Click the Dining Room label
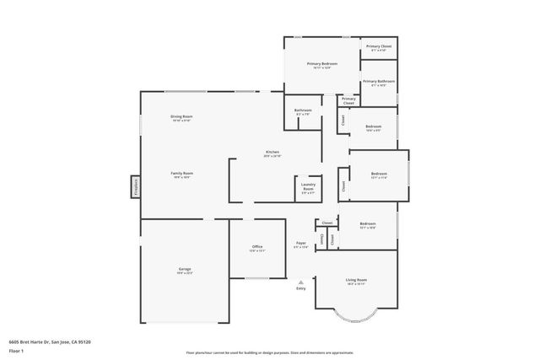coord(181,116)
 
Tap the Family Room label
coord(182,173)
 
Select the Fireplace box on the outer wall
coord(135,185)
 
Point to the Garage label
coord(184,269)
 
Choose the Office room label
coord(257,247)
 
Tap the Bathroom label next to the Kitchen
coord(303,110)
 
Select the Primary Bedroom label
coord(322,64)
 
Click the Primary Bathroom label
coord(378,82)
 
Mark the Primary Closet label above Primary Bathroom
coord(378,47)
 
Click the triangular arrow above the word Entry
coord(300,282)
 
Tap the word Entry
coord(300,289)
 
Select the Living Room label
coord(356,280)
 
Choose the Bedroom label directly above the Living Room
coord(368,224)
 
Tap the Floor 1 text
coord(17,351)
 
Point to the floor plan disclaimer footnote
coord(270,352)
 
